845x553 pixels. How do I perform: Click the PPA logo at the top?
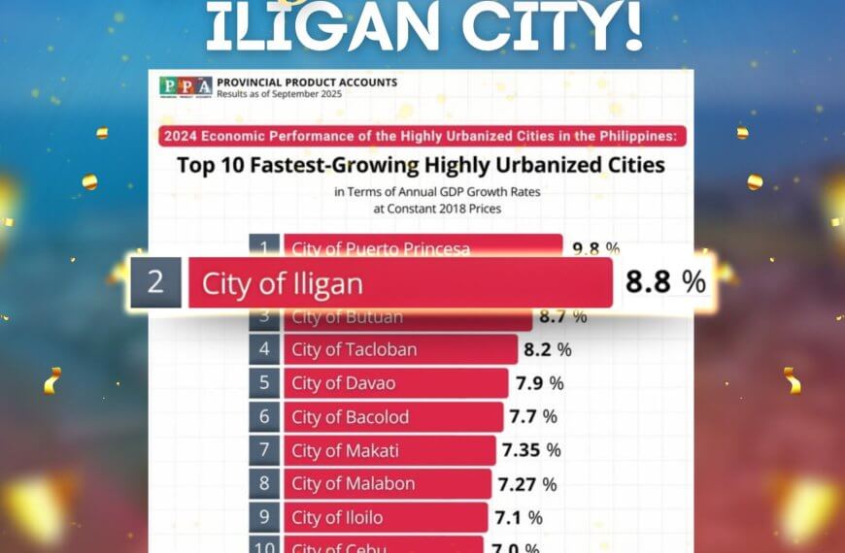pyautogui.click(x=186, y=85)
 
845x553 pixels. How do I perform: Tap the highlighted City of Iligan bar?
pyautogui.click(x=399, y=283)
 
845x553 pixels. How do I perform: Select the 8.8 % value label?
pyautogui.click(x=665, y=282)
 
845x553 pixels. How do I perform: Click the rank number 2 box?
pyautogui.click(x=155, y=282)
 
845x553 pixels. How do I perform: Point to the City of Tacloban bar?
pyautogui.click(x=399, y=349)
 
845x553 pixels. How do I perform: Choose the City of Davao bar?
pyautogui.click(x=394, y=383)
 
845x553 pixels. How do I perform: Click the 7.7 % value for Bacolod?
pyautogui.click(x=533, y=417)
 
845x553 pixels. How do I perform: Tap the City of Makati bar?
pyautogui.click(x=389, y=450)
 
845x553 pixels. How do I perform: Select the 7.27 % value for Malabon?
pyautogui.click(x=527, y=483)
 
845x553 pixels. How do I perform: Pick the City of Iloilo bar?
pyautogui.click(x=385, y=517)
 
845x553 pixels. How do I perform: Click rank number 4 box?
pyautogui.click(x=264, y=349)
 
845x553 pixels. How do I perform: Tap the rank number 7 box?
pyautogui.click(x=264, y=450)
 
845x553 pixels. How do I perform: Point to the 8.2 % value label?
pyautogui.click(x=548, y=349)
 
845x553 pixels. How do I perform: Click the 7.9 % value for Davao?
pyautogui.click(x=539, y=383)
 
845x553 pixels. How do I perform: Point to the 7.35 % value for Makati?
pyautogui.click(x=530, y=450)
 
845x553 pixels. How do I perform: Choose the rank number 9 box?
pyautogui.click(x=264, y=517)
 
